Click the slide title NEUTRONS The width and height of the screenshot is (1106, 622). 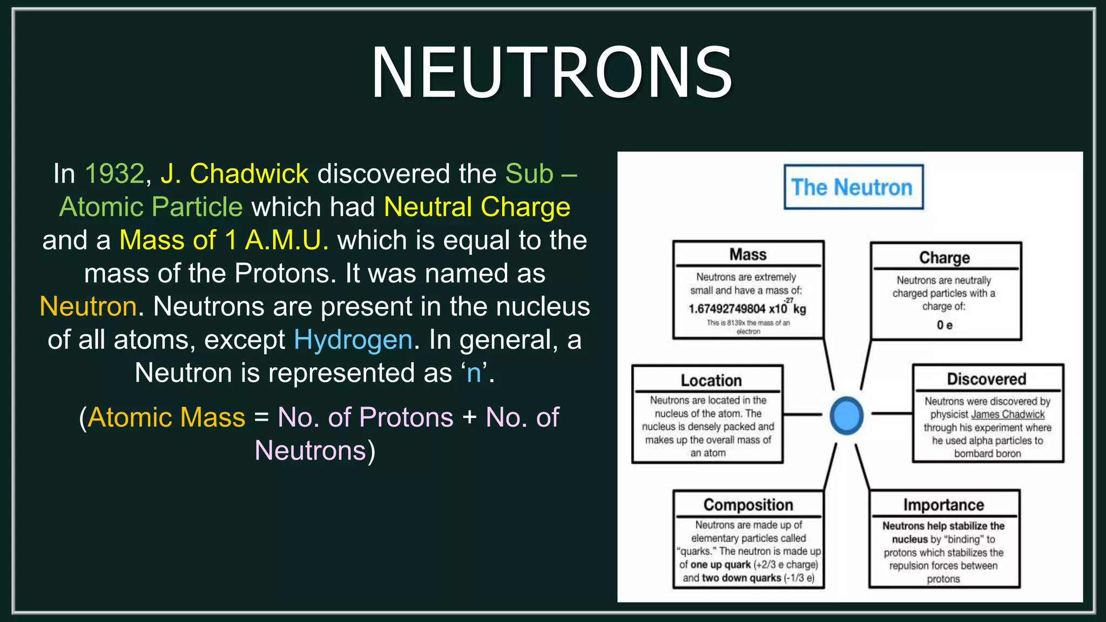tap(552, 73)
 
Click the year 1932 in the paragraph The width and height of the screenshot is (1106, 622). tap(115, 174)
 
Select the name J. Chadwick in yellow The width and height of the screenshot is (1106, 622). tap(234, 174)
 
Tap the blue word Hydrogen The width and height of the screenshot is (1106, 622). tap(353, 340)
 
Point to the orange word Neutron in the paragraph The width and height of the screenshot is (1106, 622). tap(88, 307)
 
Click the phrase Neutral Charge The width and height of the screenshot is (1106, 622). tap(477, 207)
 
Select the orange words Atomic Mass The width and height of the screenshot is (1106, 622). tap(166, 417)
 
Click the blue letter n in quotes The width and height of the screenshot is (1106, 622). tap(474, 373)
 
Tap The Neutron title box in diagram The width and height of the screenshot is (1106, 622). tap(853, 187)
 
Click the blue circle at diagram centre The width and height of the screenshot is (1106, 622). tap(846, 415)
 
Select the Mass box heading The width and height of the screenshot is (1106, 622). tap(748, 254)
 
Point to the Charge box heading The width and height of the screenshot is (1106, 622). tap(945, 258)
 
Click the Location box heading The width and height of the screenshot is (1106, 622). tap(711, 380)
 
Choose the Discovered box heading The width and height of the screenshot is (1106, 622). tap(986, 379)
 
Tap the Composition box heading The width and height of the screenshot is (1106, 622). tap(748, 505)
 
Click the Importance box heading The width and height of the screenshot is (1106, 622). tap(943, 505)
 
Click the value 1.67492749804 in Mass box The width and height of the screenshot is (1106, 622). tap(727, 309)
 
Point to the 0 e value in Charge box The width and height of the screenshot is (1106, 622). tap(944, 325)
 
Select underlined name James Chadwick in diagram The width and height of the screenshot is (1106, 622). tap(1008, 415)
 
